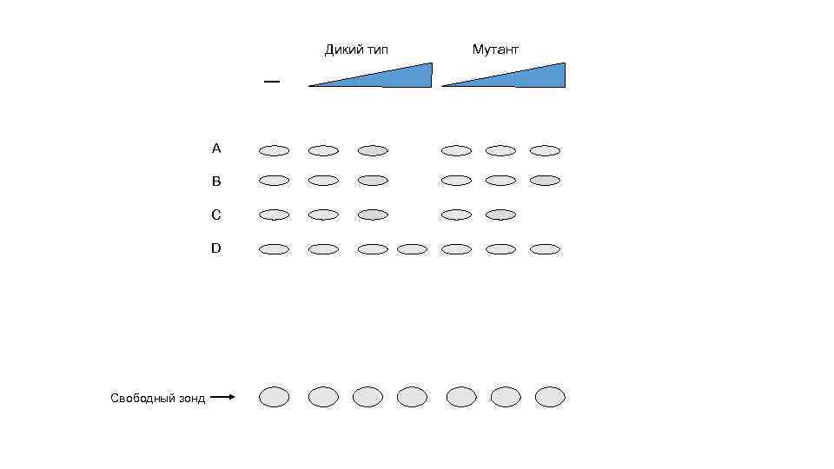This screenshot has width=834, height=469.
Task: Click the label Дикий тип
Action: click(x=356, y=50)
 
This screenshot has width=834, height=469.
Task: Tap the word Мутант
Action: click(x=495, y=50)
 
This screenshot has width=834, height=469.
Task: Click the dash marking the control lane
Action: click(x=272, y=82)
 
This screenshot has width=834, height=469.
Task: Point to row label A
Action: click(x=216, y=149)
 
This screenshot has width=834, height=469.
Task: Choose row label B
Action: click(x=216, y=182)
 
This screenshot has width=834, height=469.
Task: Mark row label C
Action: click(x=216, y=215)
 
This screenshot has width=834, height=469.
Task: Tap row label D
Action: click(x=216, y=248)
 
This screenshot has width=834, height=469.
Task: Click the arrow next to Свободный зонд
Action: click(x=222, y=398)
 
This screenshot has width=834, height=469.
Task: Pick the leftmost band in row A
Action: click(x=274, y=150)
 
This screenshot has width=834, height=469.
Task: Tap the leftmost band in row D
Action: click(x=274, y=249)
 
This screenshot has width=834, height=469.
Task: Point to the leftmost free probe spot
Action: click(x=274, y=397)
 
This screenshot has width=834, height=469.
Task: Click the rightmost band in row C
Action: click(x=500, y=215)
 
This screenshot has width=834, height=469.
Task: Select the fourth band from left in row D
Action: click(x=412, y=249)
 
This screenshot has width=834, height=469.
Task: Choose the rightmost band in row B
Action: click(x=545, y=181)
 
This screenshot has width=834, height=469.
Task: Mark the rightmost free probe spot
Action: click(x=550, y=397)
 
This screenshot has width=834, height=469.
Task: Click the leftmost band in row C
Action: click(x=274, y=215)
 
